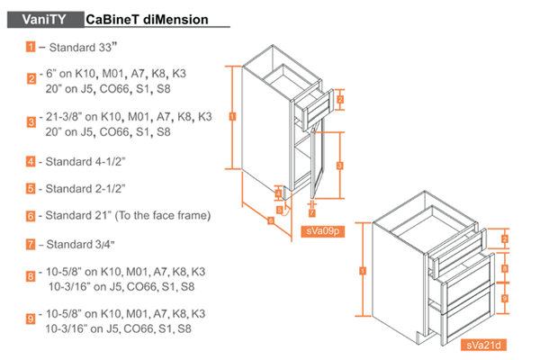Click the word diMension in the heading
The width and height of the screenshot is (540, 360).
pos(176,19)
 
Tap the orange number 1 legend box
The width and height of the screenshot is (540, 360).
pos(31,46)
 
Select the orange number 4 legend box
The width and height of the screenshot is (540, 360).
pos(31,161)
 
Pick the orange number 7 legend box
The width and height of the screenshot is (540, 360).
pos(31,244)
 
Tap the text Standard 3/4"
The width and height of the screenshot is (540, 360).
pos(82,244)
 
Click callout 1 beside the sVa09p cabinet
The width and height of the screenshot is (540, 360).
pos(233,116)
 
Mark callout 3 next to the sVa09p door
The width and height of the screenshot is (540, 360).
pos(339,166)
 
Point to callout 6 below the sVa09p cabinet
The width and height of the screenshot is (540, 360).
pos(270,221)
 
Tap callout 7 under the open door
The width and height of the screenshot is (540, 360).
pos(311,213)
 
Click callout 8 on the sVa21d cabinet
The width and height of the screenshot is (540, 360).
pos(506,268)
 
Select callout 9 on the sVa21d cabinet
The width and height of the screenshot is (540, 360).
pos(506,298)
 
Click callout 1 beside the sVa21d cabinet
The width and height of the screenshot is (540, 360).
pos(362,270)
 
